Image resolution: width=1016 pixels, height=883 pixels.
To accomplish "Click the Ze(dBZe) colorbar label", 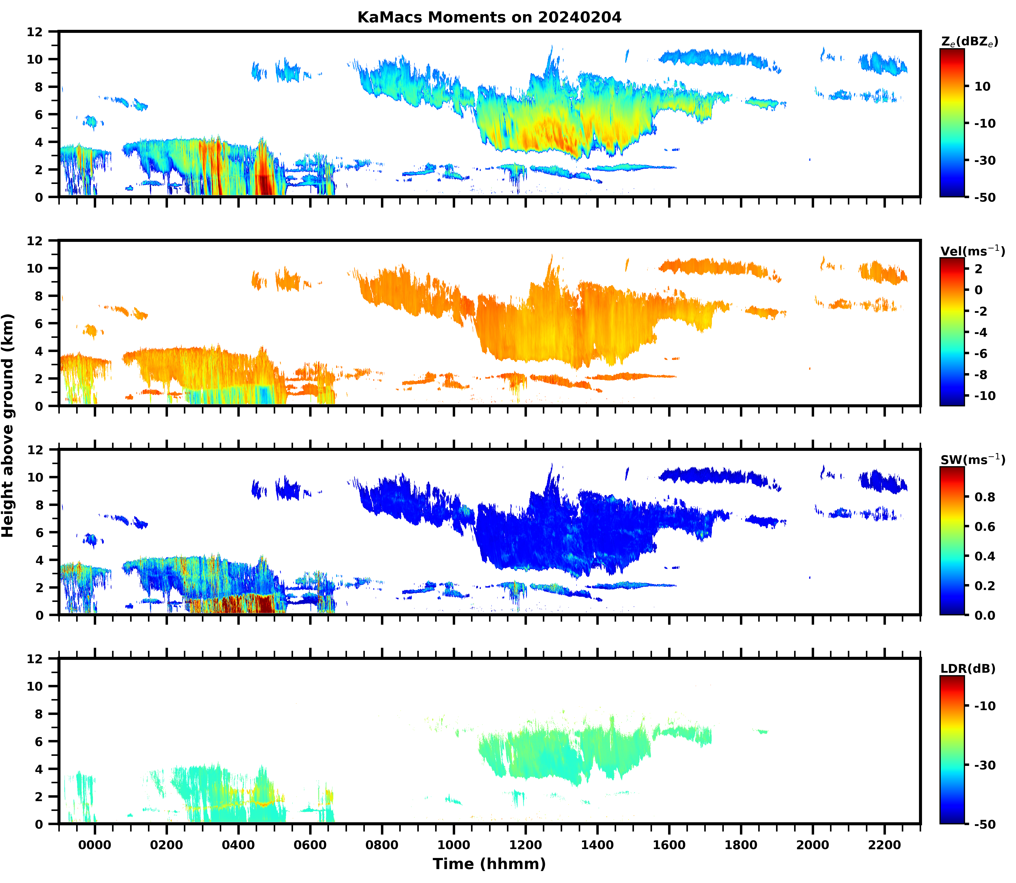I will [x=969, y=42].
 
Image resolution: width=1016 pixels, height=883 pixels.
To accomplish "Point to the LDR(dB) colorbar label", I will [x=968, y=669].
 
